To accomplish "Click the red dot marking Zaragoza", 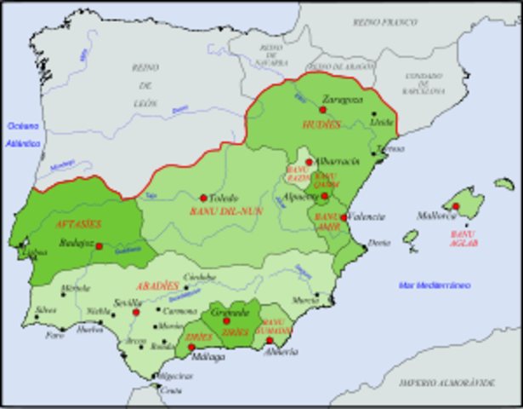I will pyautogui.click(x=323, y=109).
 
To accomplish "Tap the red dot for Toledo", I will pyautogui.click(x=203, y=198).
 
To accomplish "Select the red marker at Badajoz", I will pyautogui.click(x=99, y=246).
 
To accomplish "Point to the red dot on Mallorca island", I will pyautogui.click(x=456, y=206).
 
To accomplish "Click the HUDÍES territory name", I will pyautogui.click(x=321, y=124).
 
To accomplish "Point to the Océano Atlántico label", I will pyautogui.click(x=25, y=135).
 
